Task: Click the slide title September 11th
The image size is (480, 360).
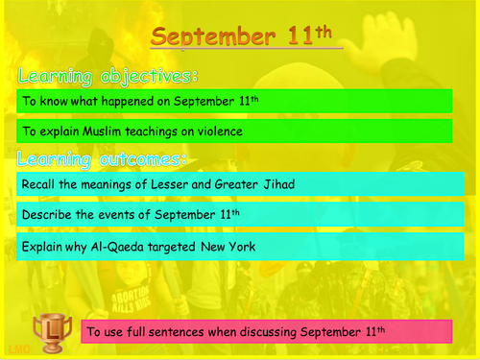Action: pos(246,36)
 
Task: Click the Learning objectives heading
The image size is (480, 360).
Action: pos(108,75)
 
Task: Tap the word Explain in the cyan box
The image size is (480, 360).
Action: pos(42,248)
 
